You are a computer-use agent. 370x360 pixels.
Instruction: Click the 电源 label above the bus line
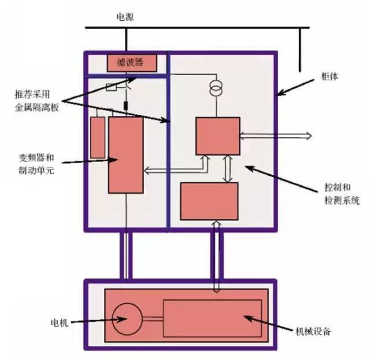125,17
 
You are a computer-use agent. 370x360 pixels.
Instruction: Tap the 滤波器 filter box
132,63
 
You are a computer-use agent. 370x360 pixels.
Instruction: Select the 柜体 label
330,76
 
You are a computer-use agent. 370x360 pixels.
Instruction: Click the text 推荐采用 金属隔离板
37,101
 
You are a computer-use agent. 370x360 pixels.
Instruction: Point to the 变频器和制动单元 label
36,164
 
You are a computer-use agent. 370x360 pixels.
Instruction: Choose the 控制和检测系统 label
342,194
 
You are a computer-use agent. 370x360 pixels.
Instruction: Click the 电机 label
60,323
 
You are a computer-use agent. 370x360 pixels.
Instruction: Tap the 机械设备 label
313,332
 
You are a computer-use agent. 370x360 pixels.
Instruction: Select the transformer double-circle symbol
216,88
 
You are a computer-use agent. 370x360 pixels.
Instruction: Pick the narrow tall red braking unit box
98,138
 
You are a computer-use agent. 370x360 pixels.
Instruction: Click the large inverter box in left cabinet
126,155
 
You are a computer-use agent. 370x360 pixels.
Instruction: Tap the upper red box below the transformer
218,136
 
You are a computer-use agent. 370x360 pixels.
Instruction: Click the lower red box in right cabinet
209,201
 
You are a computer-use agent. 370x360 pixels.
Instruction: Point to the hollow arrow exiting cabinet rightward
275,136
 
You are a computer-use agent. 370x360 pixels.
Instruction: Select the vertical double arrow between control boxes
228,168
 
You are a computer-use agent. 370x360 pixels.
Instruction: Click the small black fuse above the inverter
126,106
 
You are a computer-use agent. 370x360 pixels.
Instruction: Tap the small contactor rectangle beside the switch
111,87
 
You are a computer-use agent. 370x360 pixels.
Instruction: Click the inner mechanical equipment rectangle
212,318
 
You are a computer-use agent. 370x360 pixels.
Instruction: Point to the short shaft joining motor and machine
153,319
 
